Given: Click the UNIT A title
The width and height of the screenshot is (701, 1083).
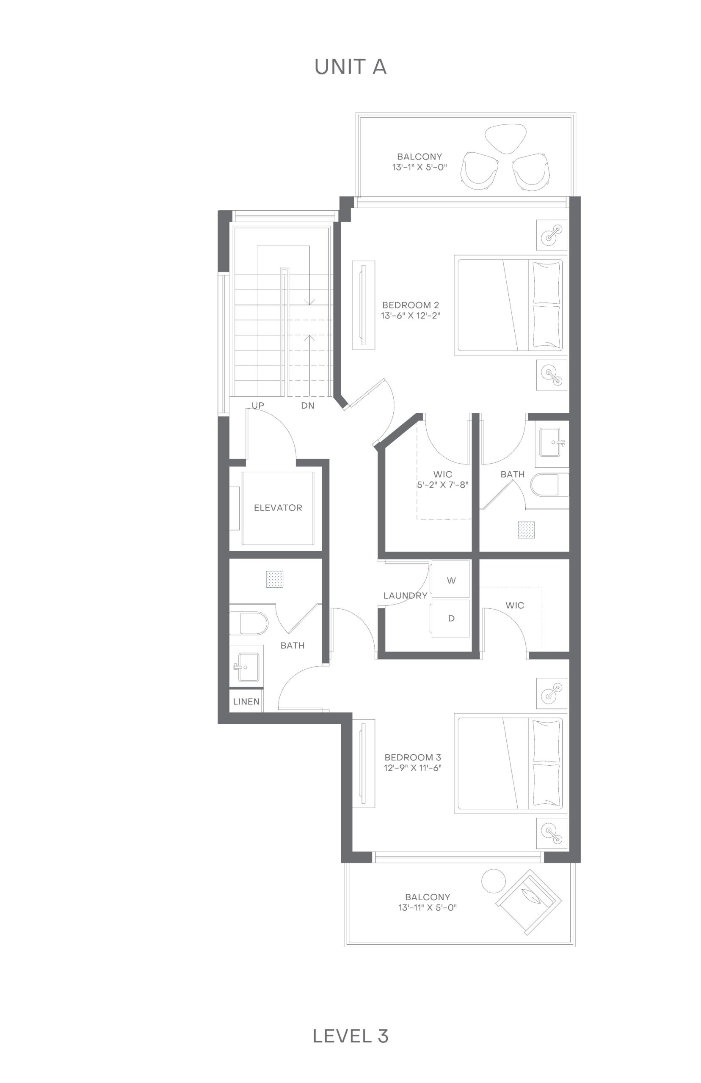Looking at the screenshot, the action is [x=350, y=67].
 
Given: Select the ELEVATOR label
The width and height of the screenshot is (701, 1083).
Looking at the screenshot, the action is [x=278, y=508].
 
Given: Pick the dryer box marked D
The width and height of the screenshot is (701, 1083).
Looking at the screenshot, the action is [x=451, y=618].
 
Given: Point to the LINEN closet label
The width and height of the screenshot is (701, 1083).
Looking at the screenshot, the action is [x=246, y=701].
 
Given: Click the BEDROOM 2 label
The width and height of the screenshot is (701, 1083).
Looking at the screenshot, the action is [x=411, y=305].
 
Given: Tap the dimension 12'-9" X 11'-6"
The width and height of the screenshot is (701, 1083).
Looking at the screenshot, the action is [x=413, y=768].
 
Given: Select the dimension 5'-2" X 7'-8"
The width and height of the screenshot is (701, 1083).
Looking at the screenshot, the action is [x=442, y=484].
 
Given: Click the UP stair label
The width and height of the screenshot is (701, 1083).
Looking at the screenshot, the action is [x=258, y=405].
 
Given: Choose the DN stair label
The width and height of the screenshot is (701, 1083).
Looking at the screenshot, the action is [x=308, y=405].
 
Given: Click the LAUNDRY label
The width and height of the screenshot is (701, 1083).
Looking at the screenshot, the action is [x=405, y=595].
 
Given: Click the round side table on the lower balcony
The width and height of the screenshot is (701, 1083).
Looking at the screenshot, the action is [x=493, y=881].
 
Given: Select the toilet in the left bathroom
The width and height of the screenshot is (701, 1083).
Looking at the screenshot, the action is [x=248, y=623].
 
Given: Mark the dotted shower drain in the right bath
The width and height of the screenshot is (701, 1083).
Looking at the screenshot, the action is [x=526, y=530].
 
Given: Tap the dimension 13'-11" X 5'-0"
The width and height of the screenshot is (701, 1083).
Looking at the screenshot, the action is [x=428, y=907].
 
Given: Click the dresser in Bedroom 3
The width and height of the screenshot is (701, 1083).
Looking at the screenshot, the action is [x=364, y=763].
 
